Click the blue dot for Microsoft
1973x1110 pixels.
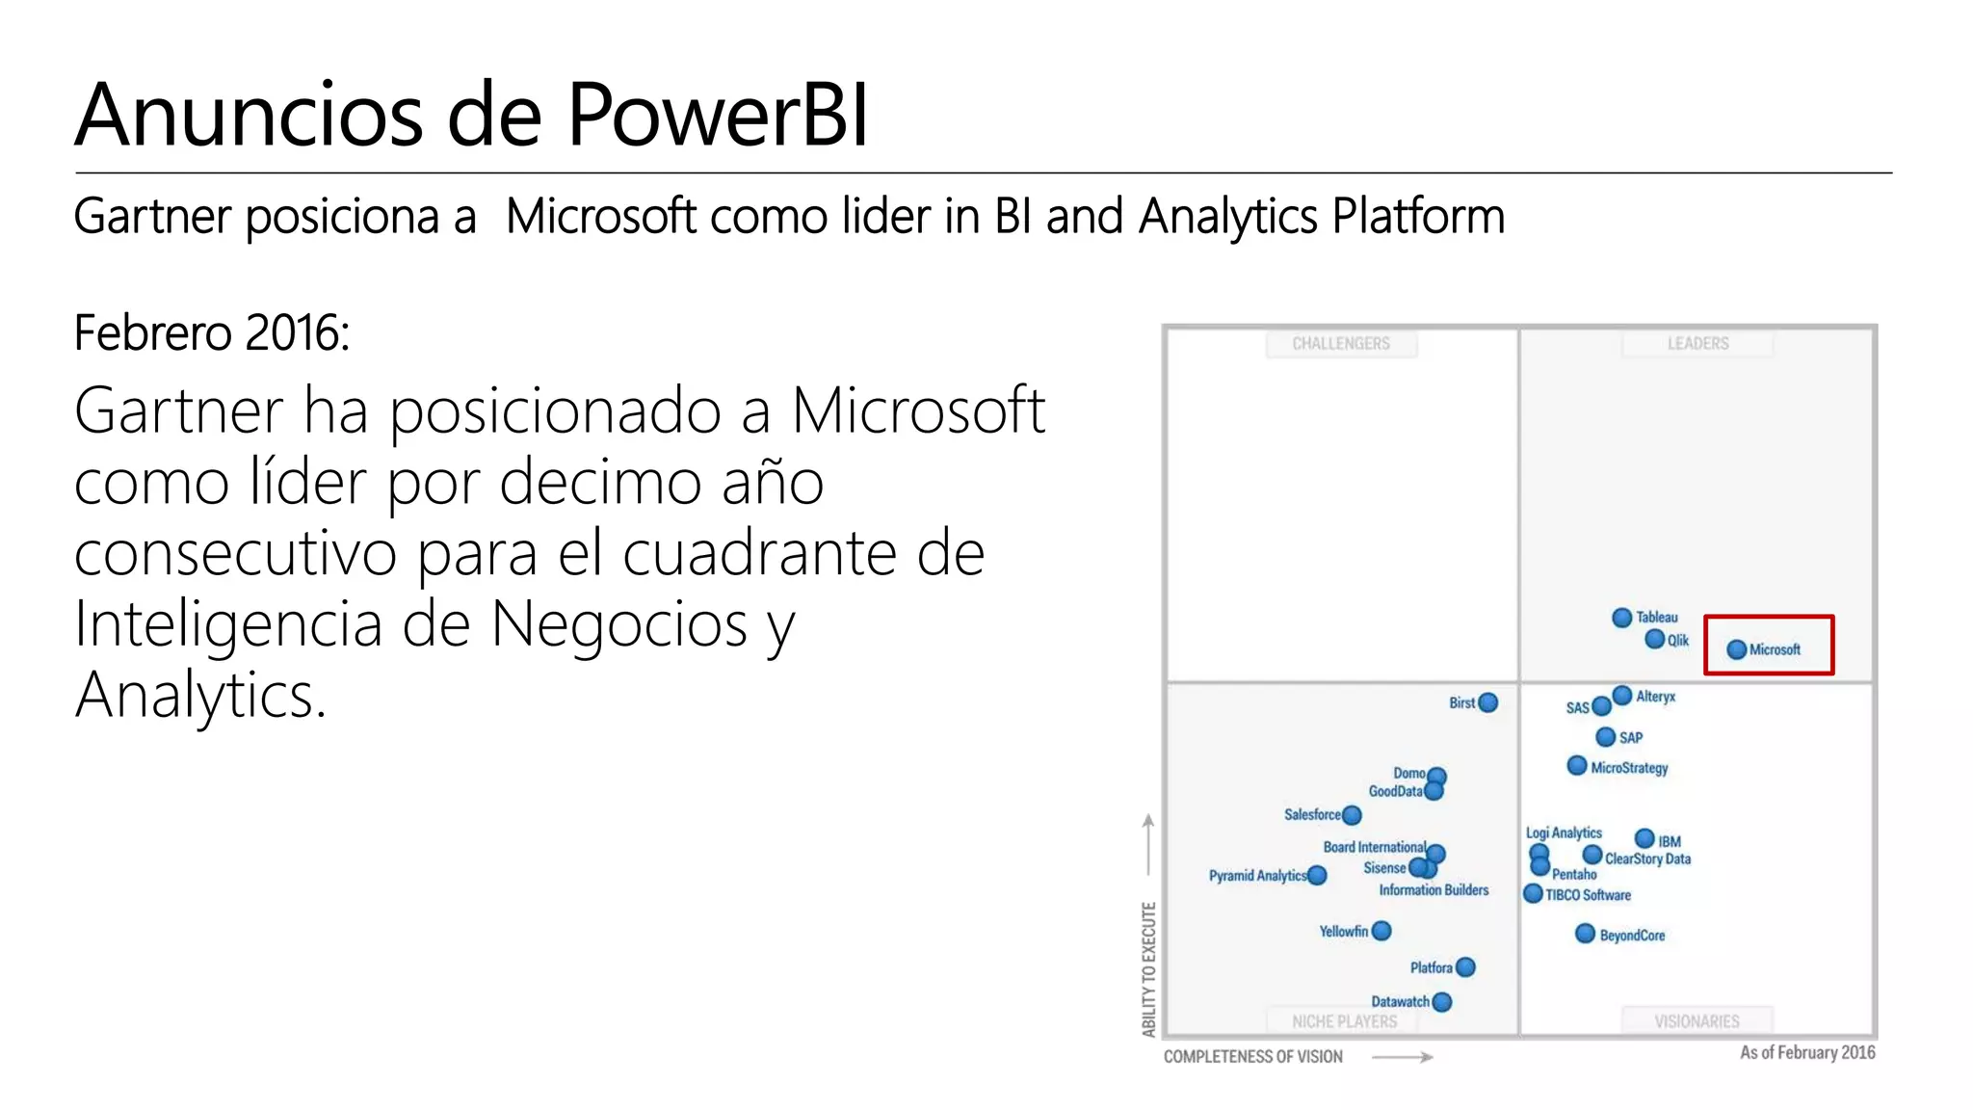(1736, 649)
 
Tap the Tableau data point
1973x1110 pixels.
(1622, 618)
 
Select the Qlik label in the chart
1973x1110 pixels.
(1678, 641)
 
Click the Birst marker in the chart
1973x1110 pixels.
(1488, 702)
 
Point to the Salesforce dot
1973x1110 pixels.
(1353, 815)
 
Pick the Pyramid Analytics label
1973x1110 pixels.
(1257, 876)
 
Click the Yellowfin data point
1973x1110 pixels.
(1381, 931)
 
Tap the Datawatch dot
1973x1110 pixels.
(1442, 1002)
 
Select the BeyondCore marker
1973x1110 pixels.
(1585, 934)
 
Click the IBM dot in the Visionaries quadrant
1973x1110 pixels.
(1645, 839)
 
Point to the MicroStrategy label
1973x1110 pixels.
(1629, 768)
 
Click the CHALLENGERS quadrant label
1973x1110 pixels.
(1341, 344)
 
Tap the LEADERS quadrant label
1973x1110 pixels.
(1697, 344)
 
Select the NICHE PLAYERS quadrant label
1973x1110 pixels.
(1344, 1021)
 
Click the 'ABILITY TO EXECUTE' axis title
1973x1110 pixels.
(1148, 968)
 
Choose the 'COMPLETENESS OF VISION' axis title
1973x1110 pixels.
(1252, 1057)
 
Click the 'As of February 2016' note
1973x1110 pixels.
(1807, 1053)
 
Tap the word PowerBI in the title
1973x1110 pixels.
(718, 116)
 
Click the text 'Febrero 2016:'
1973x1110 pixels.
(212, 333)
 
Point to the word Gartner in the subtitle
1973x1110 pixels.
(152, 217)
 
